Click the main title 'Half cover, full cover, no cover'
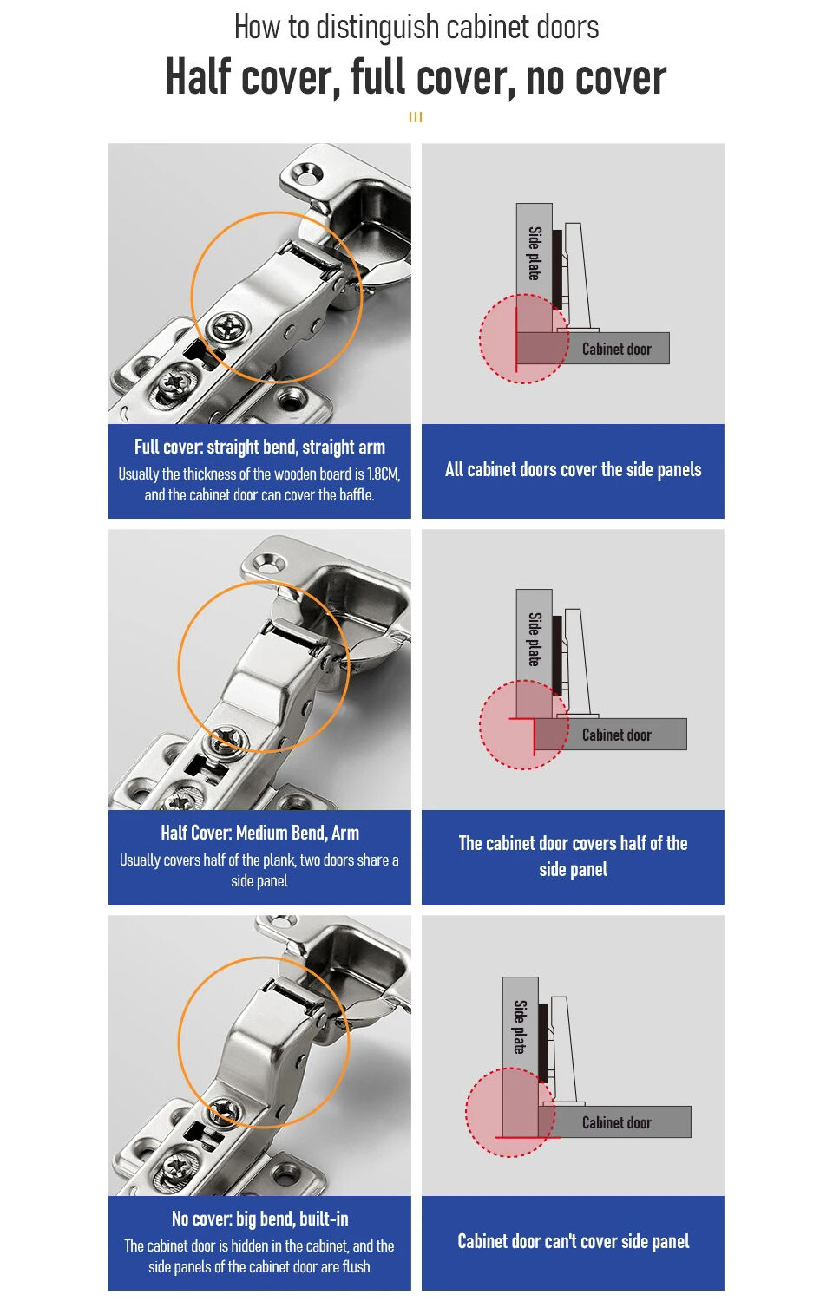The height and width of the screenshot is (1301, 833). tap(416, 78)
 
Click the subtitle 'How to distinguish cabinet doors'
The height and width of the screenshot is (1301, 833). tap(416, 28)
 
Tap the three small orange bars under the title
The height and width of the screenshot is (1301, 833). tap(416, 117)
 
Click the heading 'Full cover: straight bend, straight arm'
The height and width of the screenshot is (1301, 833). tap(259, 448)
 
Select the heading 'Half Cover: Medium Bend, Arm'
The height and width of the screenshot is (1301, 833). tap(259, 834)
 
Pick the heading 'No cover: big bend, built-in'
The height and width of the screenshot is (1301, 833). tap(259, 1219)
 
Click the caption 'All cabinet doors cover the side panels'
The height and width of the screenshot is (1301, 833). tap(573, 470)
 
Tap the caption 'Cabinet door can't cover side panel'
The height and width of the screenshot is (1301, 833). tap(573, 1242)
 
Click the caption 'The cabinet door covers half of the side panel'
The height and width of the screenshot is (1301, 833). tap(573, 856)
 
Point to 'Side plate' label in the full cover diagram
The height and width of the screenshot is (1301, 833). tap(535, 253)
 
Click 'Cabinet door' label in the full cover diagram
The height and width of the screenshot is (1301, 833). tap(616, 350)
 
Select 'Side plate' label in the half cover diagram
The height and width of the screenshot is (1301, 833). tap(535, 639)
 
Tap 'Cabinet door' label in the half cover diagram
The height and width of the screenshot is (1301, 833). tap(616, 735)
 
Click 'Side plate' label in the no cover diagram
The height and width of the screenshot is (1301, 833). tap(520, 1027)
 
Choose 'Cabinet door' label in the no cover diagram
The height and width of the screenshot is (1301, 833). tap(616, 1123)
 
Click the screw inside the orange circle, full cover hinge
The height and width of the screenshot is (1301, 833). tap(229, 328)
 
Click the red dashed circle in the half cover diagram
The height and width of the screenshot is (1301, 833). tap(523, 725)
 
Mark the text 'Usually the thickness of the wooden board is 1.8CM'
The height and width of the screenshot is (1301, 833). tap(259, 474)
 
